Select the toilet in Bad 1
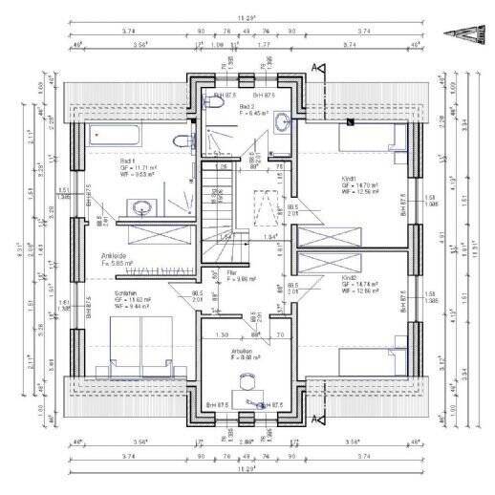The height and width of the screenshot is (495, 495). coord(180,141)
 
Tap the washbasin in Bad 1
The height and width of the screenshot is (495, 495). coord(144,206)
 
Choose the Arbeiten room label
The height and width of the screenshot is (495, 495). coord(243,351)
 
